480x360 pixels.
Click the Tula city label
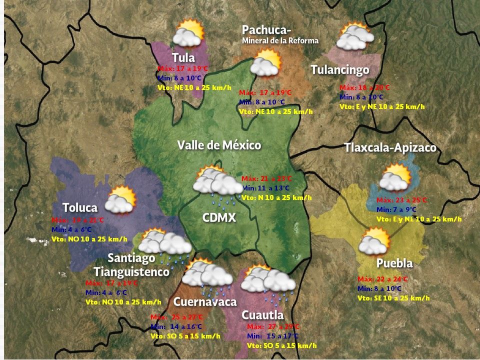183,57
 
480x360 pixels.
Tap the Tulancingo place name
339,69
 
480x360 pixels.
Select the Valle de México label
219,145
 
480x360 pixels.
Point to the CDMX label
219,218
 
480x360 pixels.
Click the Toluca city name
80,207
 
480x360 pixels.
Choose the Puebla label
394,263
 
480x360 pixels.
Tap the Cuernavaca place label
204,302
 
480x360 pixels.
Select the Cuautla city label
262,315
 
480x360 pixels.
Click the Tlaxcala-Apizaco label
390,148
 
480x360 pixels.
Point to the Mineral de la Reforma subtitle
280,40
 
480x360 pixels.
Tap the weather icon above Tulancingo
355,36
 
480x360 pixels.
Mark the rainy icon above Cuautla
268,282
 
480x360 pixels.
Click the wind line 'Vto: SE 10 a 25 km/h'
393,298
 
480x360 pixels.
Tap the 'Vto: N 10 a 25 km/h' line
276,197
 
